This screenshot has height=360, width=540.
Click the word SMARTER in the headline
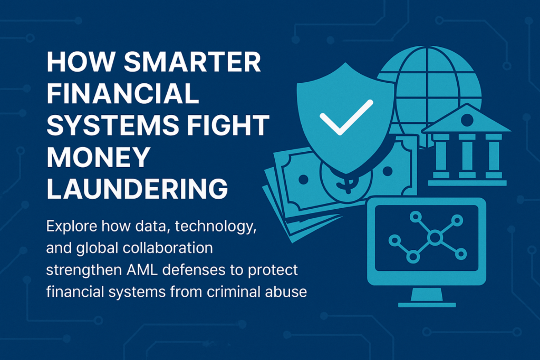point(192,62)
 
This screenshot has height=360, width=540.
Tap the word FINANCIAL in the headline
point(123,94)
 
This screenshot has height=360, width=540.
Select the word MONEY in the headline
point(99,157)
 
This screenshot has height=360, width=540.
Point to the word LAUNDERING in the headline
point(138,189)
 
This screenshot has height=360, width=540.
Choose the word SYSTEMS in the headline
point(113,125)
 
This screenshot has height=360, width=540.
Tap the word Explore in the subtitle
point(72,227)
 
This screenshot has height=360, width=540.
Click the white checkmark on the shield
point(346,117)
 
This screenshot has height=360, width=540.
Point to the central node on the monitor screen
point(435,238)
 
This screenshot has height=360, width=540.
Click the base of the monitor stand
point(427,305)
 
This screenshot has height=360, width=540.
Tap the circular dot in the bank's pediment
point(467,120)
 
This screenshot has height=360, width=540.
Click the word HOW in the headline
point(80,62)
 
